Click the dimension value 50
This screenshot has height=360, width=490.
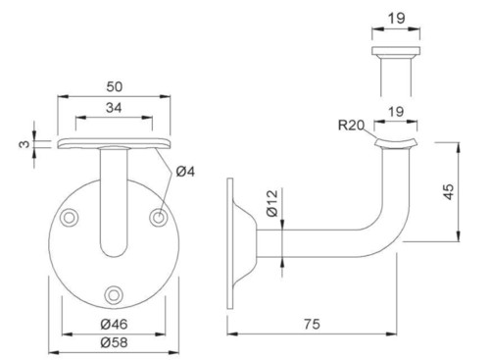115,86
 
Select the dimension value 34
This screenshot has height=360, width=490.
114,108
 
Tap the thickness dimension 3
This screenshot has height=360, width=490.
24,144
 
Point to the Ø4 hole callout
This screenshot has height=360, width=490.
185,172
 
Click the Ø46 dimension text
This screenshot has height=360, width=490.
114,324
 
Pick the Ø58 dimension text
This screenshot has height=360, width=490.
114,342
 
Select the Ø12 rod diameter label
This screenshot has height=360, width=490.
272,203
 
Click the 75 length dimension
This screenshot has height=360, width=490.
312,324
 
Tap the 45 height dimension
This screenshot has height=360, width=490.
450,191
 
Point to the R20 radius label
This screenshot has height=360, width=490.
351,125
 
